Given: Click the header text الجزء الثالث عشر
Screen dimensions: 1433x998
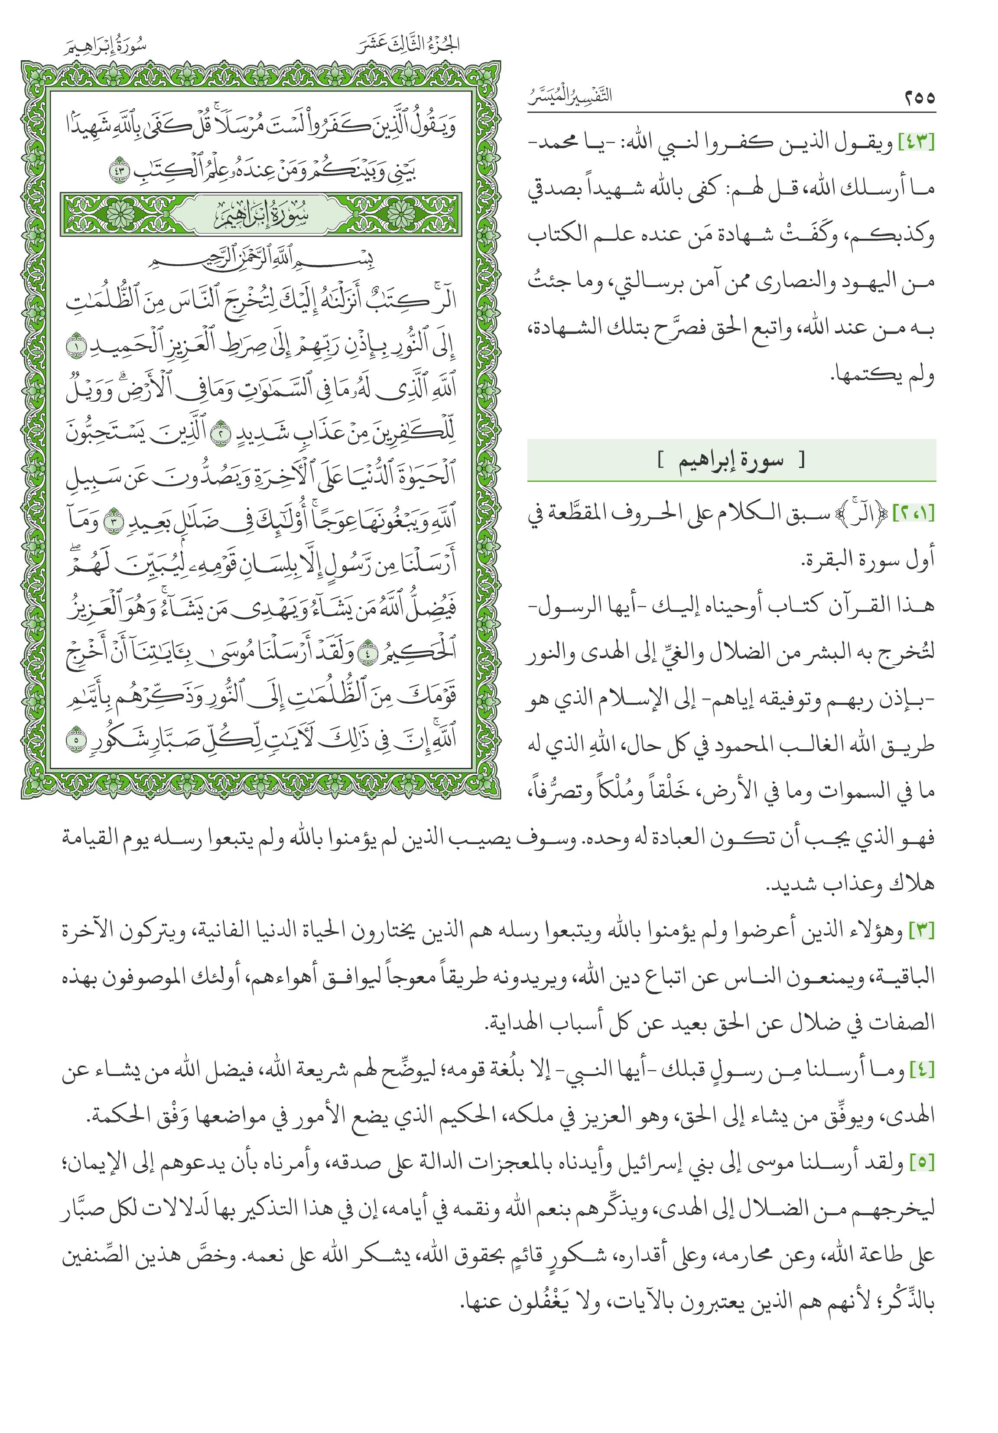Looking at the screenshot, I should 410,45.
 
